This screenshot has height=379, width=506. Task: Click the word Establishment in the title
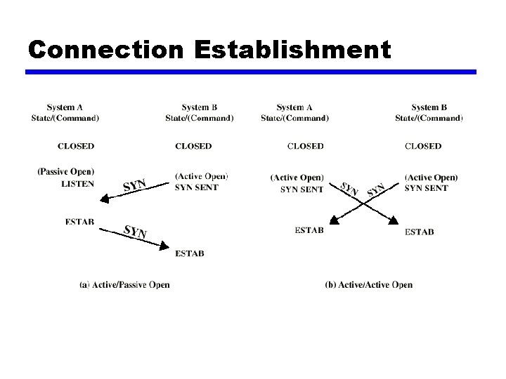pyautogui.click(x=292, y=50)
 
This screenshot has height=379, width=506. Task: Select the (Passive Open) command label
pyautogui.click(x=66, y=171)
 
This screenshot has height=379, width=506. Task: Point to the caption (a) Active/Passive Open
pyautogui.click(x=124, y=284)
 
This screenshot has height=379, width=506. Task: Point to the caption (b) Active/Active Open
pyautogui.click(x=369, y=284)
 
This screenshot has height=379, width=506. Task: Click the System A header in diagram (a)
pyautogui.click(x=65, y=107)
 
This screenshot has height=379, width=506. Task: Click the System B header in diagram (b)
pyautogui.click(x=429, y=107)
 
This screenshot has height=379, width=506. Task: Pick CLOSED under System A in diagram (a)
pyautogui.click(x=76, y=146)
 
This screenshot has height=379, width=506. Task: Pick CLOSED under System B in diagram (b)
pyautogui.click(x=423, y=146)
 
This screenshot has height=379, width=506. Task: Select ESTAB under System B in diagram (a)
pyautogui.click(x=190, y=253)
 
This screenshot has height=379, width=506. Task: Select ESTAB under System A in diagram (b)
pyautogui.click(x=309, y=231)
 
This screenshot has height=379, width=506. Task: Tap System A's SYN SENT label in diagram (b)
pyautogui.click(x=302, y=189)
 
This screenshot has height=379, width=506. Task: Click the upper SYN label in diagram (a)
pyautogui.click(x=134, y=185)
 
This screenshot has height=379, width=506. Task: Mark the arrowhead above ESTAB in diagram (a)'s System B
pyautogui.click(x=165, y=246)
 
